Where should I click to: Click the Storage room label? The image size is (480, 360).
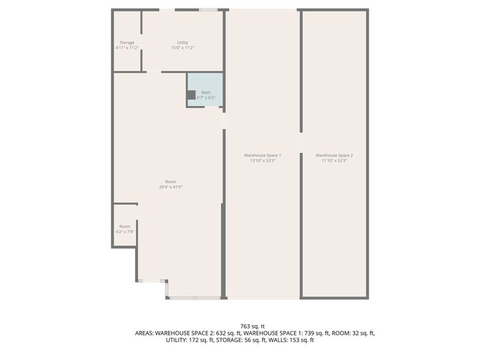(x=127, y=42)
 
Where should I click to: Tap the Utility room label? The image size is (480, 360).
(x=182, y=42)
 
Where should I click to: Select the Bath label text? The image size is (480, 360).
(x=206, y=92)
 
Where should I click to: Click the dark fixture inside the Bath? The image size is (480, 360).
(x=191, y=95)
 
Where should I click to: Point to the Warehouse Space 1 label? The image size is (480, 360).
(x=263, y=156)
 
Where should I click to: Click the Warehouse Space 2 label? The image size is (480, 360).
(x=334, y=156)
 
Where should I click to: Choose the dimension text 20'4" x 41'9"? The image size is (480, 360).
(x=170, y=187)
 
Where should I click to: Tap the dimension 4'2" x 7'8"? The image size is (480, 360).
(x=125, y=232)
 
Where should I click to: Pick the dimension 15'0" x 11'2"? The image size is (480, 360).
(x=182, y=48)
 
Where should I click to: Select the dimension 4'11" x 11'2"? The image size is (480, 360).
(x=127, y=48)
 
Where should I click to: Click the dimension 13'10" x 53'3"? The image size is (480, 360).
(x=263, y=161)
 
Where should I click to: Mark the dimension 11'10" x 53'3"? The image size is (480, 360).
(x=334, y=161)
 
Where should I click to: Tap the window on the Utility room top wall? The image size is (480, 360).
(x=208, y=9)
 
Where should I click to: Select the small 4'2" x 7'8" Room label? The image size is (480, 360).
(x=125, y=227)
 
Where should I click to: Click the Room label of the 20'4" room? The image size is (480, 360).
(x=170, y=181)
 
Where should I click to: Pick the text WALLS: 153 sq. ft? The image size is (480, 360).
(x=293, y=340)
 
